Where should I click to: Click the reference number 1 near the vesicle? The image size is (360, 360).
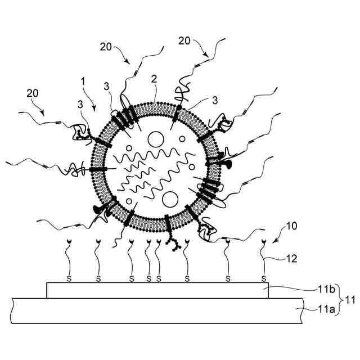click(x=83, y=82)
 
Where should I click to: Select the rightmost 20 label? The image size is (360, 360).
click(x=184, y=41)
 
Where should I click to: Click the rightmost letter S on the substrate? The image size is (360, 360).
click(x=264, y=278)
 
